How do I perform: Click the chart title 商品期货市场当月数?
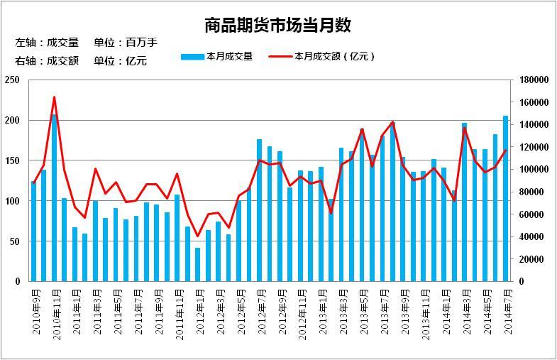[277, 26]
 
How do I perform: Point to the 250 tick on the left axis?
[12, 80]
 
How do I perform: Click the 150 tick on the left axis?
[12, 161]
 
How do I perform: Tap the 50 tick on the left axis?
[14, 241]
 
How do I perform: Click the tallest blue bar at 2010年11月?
[54, 199]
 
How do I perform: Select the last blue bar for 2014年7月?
[506, 199]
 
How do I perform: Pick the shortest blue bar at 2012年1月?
[198, 265]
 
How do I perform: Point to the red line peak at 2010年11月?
[54, 97]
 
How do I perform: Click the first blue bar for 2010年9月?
[33, 231]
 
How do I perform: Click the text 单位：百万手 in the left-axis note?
[125, 43]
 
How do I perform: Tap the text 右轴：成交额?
[45, 61]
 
